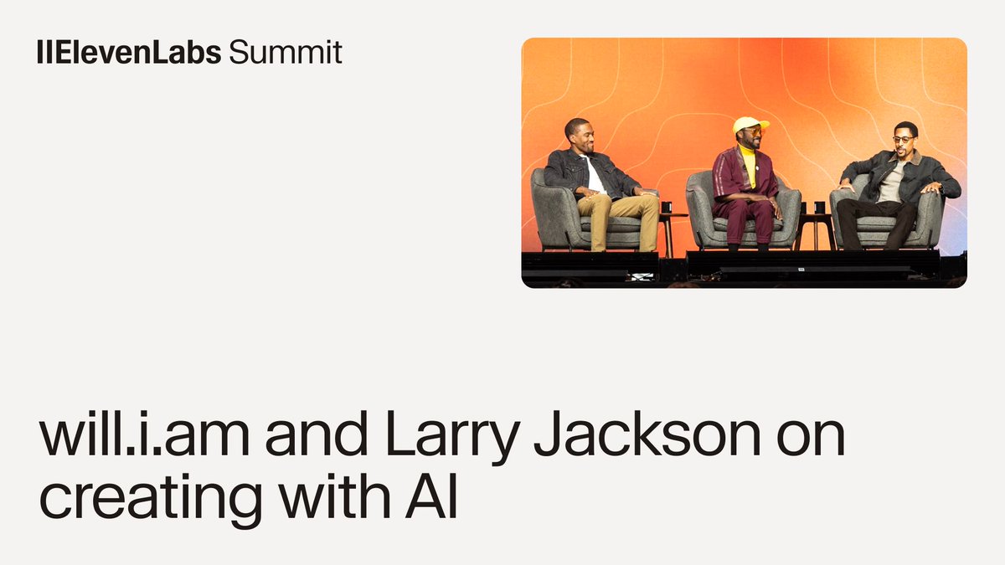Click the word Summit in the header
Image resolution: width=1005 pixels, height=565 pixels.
285,53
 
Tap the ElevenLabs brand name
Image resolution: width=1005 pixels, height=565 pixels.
130,53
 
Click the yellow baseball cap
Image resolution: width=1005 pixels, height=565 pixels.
750,125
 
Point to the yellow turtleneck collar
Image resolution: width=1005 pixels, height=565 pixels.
749,156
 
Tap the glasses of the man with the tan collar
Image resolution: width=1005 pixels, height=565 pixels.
902,139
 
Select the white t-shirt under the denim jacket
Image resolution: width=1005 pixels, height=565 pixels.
595,177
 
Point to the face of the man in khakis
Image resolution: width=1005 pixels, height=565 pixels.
580,136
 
